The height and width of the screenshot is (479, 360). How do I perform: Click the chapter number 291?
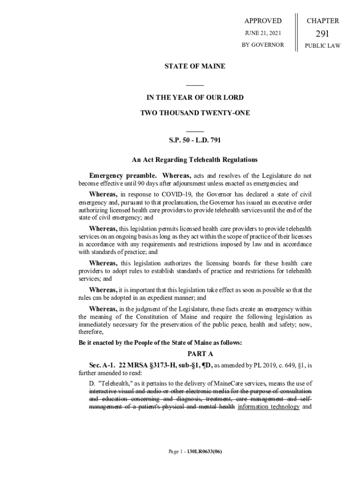pyautogui.click(x=323, y=33)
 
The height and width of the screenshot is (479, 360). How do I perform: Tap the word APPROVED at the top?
pyautogui.click(x=263, y=21)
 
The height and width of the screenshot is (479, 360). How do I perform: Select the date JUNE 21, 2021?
pyautogui.click(x=263, y=33)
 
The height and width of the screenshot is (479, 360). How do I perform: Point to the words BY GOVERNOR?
pyautogui.click(x=263, y=45)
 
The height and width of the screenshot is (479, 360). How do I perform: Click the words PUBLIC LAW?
pyautogui.click(x=323, y=45)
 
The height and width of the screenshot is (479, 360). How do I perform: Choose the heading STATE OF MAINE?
pyautogui.click(x=194, y=66)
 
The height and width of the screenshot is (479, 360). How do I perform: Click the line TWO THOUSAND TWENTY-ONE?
pyautogui.click(x=195, y=113)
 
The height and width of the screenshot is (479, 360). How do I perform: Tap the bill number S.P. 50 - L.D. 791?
pyautogui.click(x=194, y=140)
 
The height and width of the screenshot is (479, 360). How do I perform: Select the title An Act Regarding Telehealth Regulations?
pyautogui.click(x=194, y=160)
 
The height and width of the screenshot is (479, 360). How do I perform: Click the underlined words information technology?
pyautogui.click(x=268, y=407)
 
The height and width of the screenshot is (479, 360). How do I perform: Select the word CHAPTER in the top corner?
pyautogui.click(x=323, y=21)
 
